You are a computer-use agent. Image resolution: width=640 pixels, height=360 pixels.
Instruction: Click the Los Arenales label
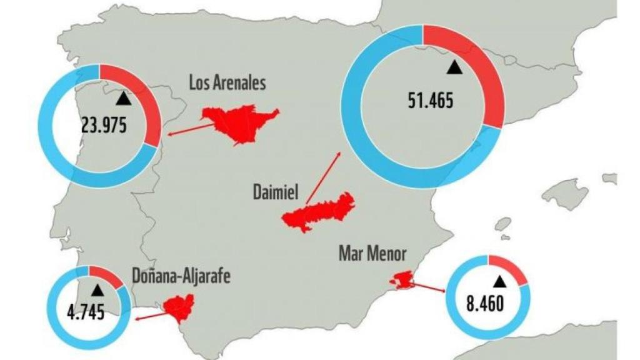pyautogui.click(x=227, y=82)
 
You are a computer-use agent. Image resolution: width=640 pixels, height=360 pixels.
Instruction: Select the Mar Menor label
pyautogui.click(x=372, y=254)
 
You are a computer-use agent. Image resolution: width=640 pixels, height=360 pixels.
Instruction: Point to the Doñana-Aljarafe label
pyautogui.click(x=181, y=276)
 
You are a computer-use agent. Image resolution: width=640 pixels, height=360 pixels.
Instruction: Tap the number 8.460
pyautogui.click(x=485, y=306)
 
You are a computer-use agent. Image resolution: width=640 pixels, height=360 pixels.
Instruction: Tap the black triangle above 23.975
pyautogui.click(x=124, y=98)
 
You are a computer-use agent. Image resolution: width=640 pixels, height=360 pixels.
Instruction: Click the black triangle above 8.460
pyautogui.click(x=499, y=281)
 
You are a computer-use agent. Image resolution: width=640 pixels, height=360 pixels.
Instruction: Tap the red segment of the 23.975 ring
pyautogui.click(x=145, y=106)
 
